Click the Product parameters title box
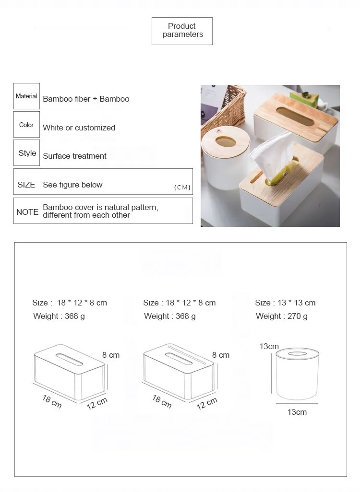182,31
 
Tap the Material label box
26,96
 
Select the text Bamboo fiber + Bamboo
86,99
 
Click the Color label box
26,125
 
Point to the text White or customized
79,128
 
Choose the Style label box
27,153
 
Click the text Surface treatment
74,156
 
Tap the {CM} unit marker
182,187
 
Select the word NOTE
27,211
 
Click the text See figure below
72,185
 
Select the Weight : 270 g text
282,316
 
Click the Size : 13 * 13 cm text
285,303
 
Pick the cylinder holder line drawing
297,373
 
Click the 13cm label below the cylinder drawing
297,412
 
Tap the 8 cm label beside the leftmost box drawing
111,355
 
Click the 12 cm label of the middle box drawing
207,403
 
